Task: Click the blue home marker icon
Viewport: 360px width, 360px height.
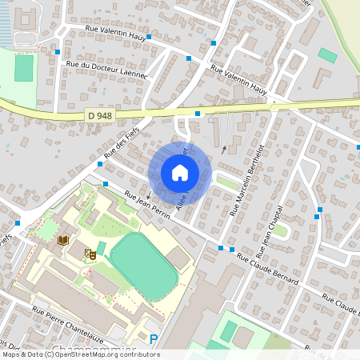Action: [x=180, y=172]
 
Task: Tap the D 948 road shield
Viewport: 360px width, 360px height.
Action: [x=100, y=116]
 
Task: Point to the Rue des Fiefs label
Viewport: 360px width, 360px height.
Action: [x=116, y=143]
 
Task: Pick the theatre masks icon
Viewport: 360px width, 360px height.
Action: [x=90, y=254]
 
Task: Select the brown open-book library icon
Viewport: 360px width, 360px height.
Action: [x=63, y=239]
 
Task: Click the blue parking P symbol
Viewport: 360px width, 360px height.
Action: [x=154, y=340]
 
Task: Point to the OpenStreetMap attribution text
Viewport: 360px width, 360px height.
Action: [x=81, y=354]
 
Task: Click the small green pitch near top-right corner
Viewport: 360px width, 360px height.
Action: [x=327, y=55]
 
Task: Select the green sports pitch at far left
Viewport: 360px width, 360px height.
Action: [x=24, y=68]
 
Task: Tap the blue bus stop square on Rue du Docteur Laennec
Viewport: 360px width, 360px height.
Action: [x=58, y=52]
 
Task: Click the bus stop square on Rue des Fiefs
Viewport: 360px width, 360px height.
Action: [x=99, y=163]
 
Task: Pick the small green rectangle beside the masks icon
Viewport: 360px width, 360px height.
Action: [x=101, y=248]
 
